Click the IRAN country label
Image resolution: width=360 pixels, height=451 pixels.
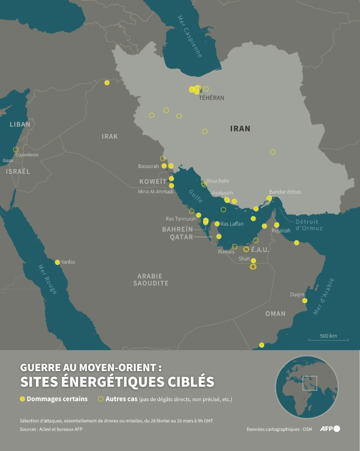coord(240,128)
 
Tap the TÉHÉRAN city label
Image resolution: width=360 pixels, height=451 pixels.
coord(211,98)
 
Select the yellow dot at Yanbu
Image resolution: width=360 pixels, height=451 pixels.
coord(57,262)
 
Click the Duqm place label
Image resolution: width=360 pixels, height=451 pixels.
coord(297,295)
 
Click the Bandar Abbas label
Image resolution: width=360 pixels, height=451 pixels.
coord(285,192)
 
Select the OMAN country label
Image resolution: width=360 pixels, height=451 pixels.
coord(275,314)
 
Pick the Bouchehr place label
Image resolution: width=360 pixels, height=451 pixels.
coord(218,181)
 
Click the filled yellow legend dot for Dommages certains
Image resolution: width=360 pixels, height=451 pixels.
coord(23,399)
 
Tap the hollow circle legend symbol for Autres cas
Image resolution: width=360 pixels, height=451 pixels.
coord(100,399)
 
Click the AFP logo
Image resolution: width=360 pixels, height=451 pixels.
coord(329,429)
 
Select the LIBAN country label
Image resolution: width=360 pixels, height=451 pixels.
coord(19,124)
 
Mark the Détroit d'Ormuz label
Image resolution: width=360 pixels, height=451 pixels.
coord(307,224)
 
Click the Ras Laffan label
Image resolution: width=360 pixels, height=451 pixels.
coord(232,224)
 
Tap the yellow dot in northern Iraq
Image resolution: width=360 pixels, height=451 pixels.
coord(107,82)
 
